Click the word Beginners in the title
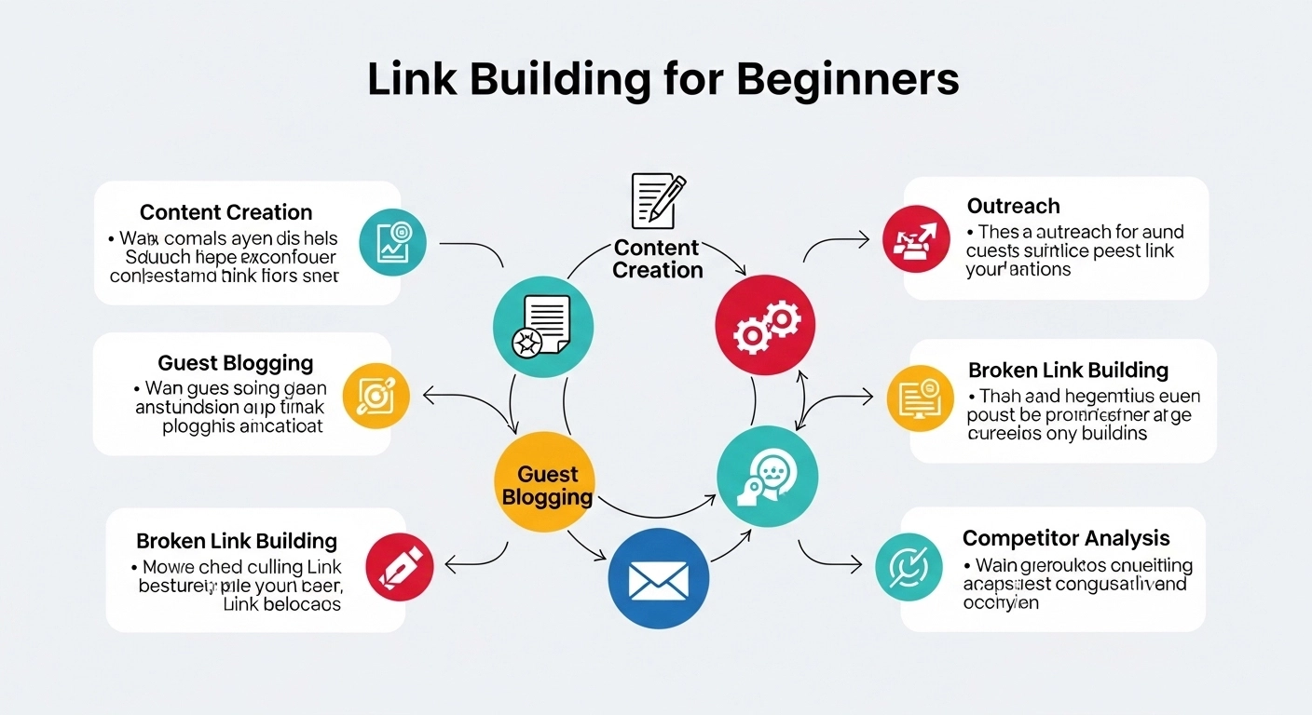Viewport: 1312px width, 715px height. (x=847, y=80)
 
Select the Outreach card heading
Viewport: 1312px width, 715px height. (x=1013, y=206)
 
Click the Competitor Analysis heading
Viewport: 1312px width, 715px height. (x=1065, y=538)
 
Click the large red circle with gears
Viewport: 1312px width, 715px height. (x=765, y=325)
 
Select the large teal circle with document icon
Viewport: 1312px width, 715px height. (x=542, y=326)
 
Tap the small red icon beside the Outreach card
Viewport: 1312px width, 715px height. (x=916, y=239)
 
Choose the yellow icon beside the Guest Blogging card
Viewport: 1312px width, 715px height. (x=376, y=395)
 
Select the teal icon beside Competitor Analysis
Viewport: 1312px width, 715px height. (x=909, y=567)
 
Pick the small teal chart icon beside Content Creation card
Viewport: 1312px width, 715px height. (x=392, y=242)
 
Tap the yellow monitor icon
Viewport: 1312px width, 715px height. (x=919, y=398)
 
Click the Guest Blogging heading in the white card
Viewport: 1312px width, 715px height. (x=235, y=363)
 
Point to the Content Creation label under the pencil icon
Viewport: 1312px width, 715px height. (x=658, y=259)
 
